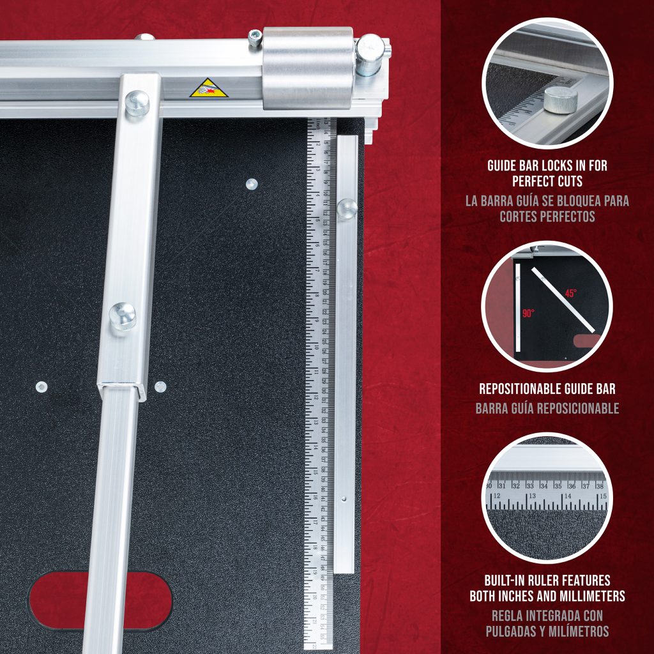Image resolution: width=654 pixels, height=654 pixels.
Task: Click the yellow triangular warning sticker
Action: pyautogui.click(x=208, y=88)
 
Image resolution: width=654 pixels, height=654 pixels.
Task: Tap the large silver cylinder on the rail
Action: pyautogui.click(x=308, y=67)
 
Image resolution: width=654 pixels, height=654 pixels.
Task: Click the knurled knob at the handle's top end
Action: pyautogui.click(x=137, y=103)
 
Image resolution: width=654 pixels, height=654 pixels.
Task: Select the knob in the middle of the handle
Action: pyautogui.click(x=123, y=316)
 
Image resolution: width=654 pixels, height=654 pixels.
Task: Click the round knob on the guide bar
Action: pyautogui.click(x=347, y=208)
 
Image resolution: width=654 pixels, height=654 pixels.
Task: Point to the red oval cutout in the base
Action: pyautogui.click(x=100, y=600)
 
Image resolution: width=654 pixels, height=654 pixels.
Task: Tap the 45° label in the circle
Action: pyautogui.click(x=570, y=293)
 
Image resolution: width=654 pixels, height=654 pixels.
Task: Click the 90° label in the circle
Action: pyautogui.click(x=528, y=314)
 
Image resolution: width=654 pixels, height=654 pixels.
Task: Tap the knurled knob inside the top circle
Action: pyautogui.click(x=561, y=100)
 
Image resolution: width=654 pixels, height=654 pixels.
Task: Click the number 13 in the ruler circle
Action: pyautogui.click(x=531, y=496)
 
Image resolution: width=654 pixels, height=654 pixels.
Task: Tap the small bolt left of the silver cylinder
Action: pyautogui.click(x=255, y=38)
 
